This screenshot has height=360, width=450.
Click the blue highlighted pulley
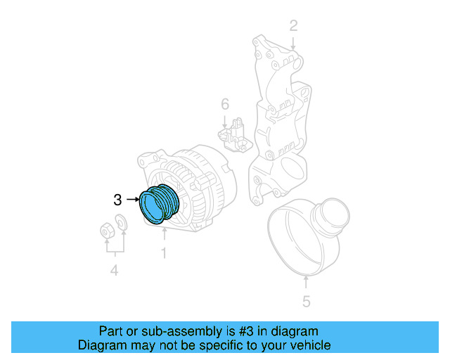160,204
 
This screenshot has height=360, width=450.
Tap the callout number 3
118,200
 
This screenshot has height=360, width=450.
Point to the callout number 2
293,26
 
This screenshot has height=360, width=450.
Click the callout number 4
113,271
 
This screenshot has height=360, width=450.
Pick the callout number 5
306,302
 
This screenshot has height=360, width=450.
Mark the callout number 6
224,104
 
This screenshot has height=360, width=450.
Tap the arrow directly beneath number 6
224,120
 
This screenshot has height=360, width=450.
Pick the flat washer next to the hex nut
121,223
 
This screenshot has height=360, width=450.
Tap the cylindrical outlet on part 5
330,214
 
